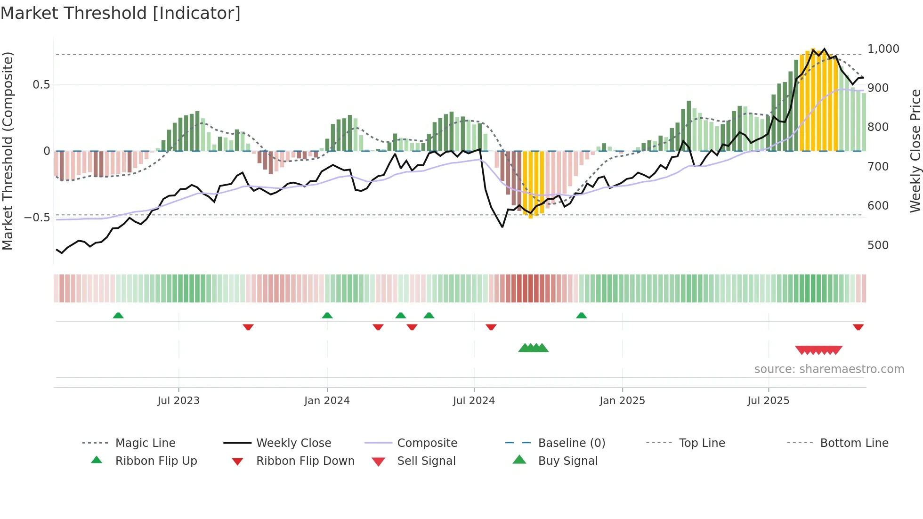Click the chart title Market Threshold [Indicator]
pyautogui.click(x=121, y=13)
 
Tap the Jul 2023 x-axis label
pyautogui.click(x=178, y=401)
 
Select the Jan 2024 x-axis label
pyautogui.click(x=327, y=401)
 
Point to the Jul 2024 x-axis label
pyautogui.click(x=474, y=401)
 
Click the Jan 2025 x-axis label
pyautogui.click(x=622, y=401)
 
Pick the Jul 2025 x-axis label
pyautogui.click(x=768, y=401)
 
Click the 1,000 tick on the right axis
pyautogui.click(x=883, y=49)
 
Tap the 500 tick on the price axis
pyautogui.click(x=878, y=245)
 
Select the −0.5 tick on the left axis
pyautogui.click(x=37, y=218)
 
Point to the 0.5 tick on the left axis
pyautogui.click(x=41, y=85)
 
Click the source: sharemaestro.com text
pyautogui.click(x=829, y=369)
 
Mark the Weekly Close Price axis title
pyautogui.click(x=915, y=151)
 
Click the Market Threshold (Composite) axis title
pyautogui.click(x=8, y=151)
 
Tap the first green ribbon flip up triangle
pyautogui.click(x=118, y=316)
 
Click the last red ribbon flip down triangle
pyautogui.click(x=858, y=327)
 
